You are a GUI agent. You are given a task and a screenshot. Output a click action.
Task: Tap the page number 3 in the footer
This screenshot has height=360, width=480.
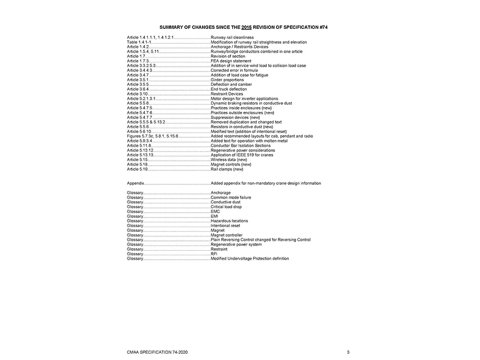pos(348,352)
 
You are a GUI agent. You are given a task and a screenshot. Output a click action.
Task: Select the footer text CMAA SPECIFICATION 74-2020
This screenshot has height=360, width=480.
pos(154,352)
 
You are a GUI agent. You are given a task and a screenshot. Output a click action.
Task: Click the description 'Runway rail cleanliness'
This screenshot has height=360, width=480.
pos(232,37)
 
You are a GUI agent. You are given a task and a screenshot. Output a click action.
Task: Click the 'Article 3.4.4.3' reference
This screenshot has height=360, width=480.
pos(140,71)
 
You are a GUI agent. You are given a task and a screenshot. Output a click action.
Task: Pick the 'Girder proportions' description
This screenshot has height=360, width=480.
pos(227,80)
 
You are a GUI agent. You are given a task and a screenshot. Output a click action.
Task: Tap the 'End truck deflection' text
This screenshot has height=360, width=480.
pos(229,89)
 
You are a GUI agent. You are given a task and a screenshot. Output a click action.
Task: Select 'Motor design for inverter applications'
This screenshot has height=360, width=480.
pos(244,99)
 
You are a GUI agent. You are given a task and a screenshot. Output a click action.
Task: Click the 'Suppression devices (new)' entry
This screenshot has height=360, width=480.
pos(235,118)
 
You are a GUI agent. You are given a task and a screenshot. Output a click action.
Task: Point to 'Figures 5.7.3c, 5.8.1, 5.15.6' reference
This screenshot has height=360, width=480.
pos(153,136)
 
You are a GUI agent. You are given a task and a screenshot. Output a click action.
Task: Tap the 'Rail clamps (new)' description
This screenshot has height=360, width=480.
pos(227,169)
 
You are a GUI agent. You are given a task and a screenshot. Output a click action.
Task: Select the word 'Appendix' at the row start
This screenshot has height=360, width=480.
pos(135,183)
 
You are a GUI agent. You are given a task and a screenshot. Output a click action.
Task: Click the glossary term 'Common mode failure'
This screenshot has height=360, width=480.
pos(231,197)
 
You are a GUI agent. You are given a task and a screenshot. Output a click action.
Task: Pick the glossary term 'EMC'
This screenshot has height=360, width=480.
pos(215,212)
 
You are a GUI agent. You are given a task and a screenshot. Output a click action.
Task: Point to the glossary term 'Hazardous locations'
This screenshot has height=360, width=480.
pos(230,221)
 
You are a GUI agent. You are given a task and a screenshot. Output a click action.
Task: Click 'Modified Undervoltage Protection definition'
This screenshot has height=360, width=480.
pos(250,259)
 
